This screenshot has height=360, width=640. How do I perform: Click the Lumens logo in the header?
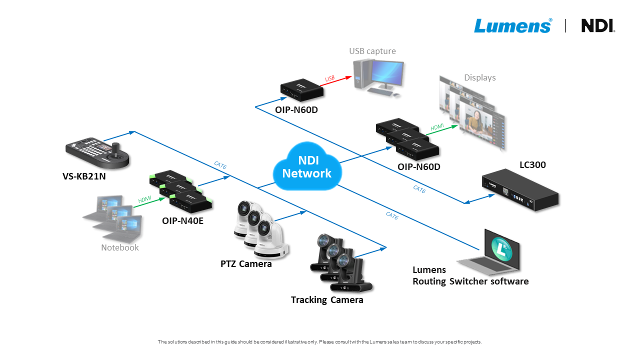click(x=513, y=25)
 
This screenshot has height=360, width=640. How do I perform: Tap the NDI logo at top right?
click(x=598, y=25)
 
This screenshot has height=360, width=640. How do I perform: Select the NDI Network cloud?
click(x=307, y=167)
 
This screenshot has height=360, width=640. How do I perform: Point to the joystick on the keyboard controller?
click(x=116, y=148)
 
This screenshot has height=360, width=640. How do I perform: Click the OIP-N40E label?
click(x=182, y=220)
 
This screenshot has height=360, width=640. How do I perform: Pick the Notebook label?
click(x=120, y=247)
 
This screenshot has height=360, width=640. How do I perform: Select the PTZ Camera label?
click(x=246, y=263)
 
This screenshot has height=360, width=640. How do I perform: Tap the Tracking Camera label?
click(x=327, y=300)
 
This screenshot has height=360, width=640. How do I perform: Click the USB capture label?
click(x=372, y=51)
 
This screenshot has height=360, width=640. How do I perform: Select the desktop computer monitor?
click(x=386, y=74)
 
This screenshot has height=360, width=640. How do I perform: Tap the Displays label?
click(x=480, y=77)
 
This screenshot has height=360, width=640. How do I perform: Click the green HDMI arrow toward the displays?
click(x=444, y=129)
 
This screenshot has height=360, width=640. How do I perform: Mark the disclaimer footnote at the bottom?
click(x=319, y=342)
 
